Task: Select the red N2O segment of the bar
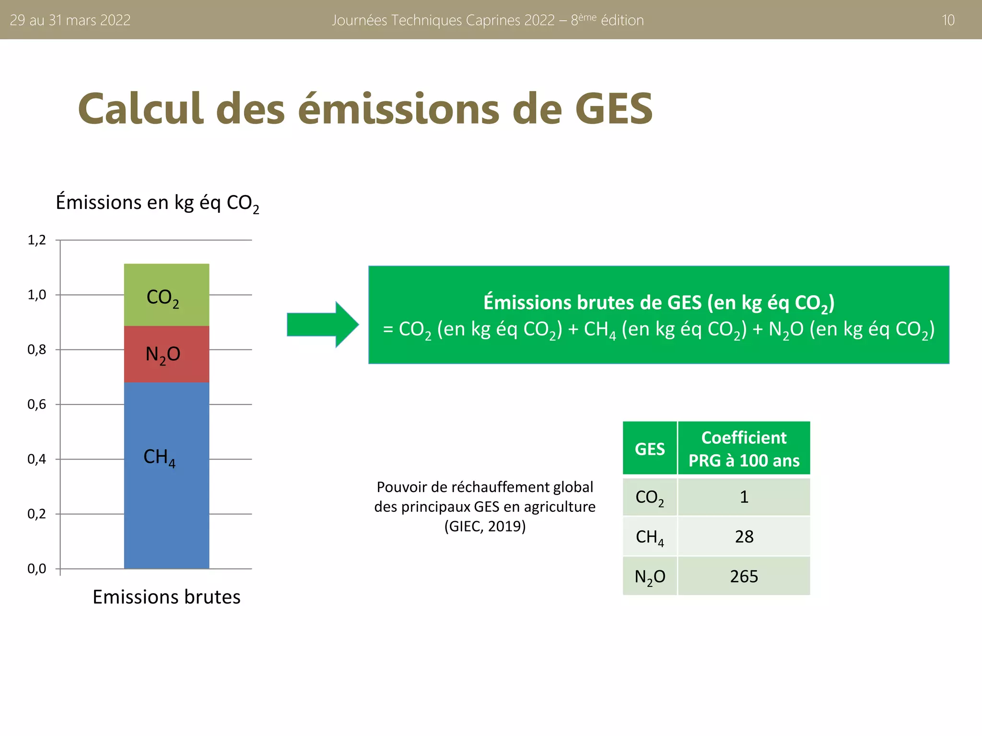166,354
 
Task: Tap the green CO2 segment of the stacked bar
166,295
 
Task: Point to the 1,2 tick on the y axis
37,240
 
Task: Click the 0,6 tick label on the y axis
37,404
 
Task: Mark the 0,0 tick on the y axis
37,569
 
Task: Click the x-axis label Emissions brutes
166,597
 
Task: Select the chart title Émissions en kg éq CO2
157,203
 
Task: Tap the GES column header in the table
650,449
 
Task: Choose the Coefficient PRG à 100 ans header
744,449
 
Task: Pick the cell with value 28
744,537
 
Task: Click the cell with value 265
744,576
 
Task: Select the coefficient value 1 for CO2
744,497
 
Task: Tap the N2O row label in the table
650,576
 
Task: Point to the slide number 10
948,20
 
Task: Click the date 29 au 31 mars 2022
70,20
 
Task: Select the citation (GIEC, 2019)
485,527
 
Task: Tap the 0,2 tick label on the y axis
37,514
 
